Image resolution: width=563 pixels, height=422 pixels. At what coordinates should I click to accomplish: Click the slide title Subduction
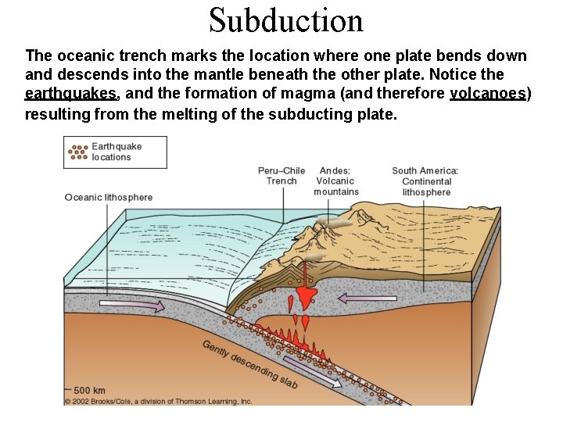coord(286,20)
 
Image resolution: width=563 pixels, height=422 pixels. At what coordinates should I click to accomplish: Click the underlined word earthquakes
coord(71,94)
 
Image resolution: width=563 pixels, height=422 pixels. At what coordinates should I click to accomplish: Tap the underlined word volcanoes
coord(490,94)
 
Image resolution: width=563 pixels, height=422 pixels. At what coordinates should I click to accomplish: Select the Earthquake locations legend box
coord(115,152)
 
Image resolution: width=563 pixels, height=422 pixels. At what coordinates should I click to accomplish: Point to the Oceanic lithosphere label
coord(109,197)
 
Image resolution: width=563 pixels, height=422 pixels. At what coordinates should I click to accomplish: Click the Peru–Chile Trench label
coord(281,176)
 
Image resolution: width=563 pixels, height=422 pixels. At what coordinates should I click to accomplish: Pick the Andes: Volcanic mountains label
coord(335,181)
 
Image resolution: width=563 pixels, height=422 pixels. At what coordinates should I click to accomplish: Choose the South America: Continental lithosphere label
coord(425,181)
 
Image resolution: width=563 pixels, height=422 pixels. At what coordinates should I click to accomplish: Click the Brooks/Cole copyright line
coord(158,402)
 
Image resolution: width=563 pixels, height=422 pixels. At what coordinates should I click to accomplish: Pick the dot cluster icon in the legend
coord(78,152)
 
